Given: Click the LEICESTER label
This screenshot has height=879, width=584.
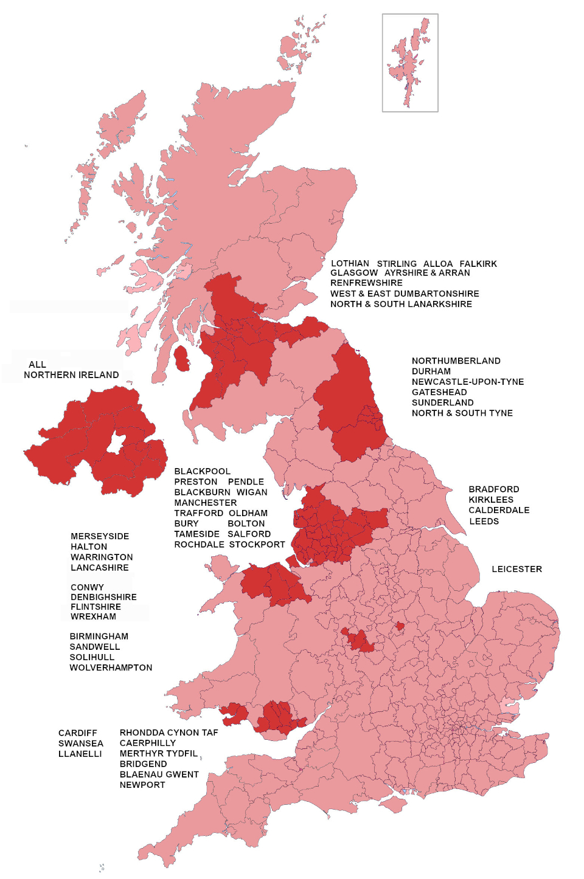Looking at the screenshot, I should tap(516, 569).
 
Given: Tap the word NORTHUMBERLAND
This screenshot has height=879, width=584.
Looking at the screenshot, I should tap(456, 360).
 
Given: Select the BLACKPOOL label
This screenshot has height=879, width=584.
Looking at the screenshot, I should tap(202, 471).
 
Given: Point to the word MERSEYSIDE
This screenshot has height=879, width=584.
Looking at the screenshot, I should tap(100, 536).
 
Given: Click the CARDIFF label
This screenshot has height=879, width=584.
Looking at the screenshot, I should tap(77, 733).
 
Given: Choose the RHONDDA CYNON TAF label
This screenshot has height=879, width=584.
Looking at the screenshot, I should tap(169, 732).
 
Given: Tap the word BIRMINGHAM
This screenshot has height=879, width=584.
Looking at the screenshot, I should tap(99, 636).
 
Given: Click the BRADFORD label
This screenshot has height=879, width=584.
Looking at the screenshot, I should tap(493, 489).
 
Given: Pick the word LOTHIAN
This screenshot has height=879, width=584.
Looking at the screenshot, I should tap(350, 264).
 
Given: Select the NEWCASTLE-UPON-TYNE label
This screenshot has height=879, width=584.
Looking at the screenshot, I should tap(467, 382).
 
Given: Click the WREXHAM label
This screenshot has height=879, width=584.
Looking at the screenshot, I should tap(93, 616).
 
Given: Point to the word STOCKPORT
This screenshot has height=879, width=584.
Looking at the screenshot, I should tap(257, 545).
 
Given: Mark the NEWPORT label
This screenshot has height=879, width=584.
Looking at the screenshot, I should tap(142, 785).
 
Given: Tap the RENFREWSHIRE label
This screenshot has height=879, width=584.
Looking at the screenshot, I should tap(366, 283).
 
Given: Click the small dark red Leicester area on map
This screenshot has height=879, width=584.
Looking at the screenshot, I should tap(400, 626).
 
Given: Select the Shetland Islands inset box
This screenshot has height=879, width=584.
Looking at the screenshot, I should tap(409, 63).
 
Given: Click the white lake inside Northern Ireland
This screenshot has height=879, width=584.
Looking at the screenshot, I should tap(116, 443).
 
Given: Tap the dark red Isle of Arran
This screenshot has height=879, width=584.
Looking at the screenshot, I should tap(181, 359).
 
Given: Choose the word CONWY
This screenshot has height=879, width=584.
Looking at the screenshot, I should tap(87, 587).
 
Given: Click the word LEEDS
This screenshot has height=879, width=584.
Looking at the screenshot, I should tap(484, 522).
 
